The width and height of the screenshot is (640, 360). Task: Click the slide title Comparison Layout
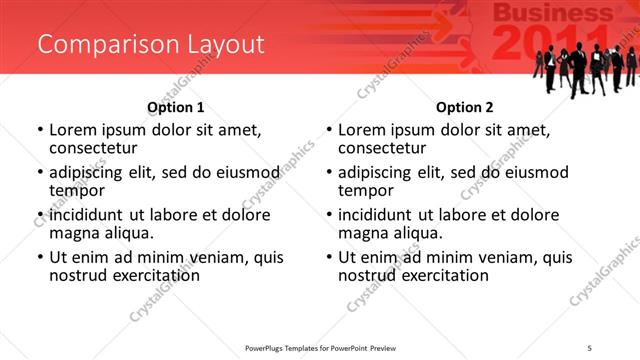[151, 44]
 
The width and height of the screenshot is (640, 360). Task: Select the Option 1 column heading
[176, 107]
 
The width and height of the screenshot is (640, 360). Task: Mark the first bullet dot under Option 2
[330, 130]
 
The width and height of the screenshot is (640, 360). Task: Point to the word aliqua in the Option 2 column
[417, 233]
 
